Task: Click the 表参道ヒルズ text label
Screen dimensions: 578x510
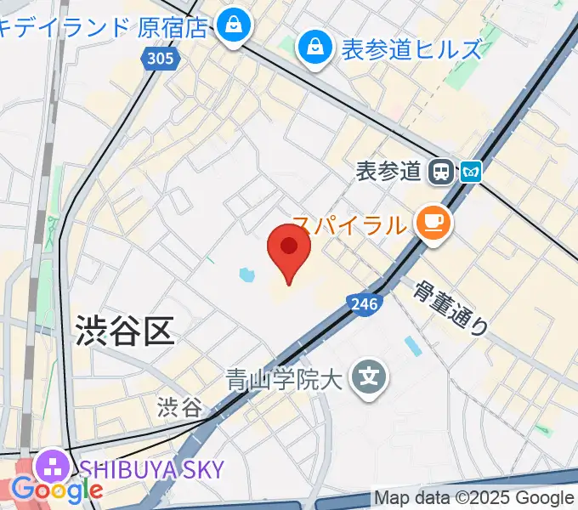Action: [x=411, y=49]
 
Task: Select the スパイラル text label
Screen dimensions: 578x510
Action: [x=348, y=225]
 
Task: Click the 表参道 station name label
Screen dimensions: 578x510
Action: [x=389, y=171]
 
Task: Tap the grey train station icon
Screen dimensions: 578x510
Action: [x=441, y=171]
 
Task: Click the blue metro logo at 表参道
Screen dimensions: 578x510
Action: [x=471, y=172]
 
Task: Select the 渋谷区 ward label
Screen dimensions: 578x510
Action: [x=124, y=329]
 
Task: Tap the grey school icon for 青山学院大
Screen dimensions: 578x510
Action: [x=370, y=375]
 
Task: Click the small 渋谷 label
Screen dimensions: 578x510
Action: [x=179, y=407]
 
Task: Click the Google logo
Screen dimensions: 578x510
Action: [x=57, y=490]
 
